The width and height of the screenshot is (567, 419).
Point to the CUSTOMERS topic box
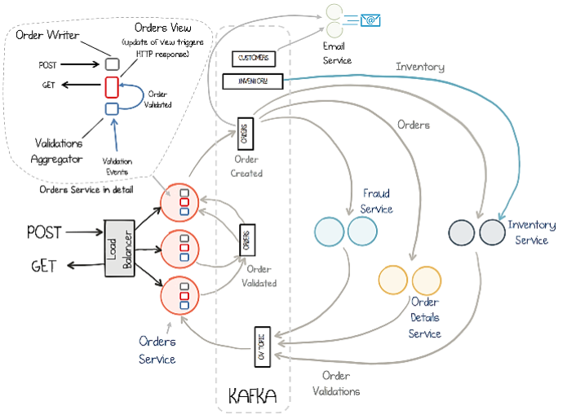coord(254,59)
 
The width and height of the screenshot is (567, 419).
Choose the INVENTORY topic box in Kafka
coord(252,81)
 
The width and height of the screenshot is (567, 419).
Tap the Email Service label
coord(336,54)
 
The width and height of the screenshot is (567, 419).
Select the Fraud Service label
coord(377,201)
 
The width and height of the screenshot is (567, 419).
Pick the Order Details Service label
coord(424,317)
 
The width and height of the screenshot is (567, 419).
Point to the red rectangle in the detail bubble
coord(113,86)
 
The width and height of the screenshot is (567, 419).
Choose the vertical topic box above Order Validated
coord(246,241)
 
